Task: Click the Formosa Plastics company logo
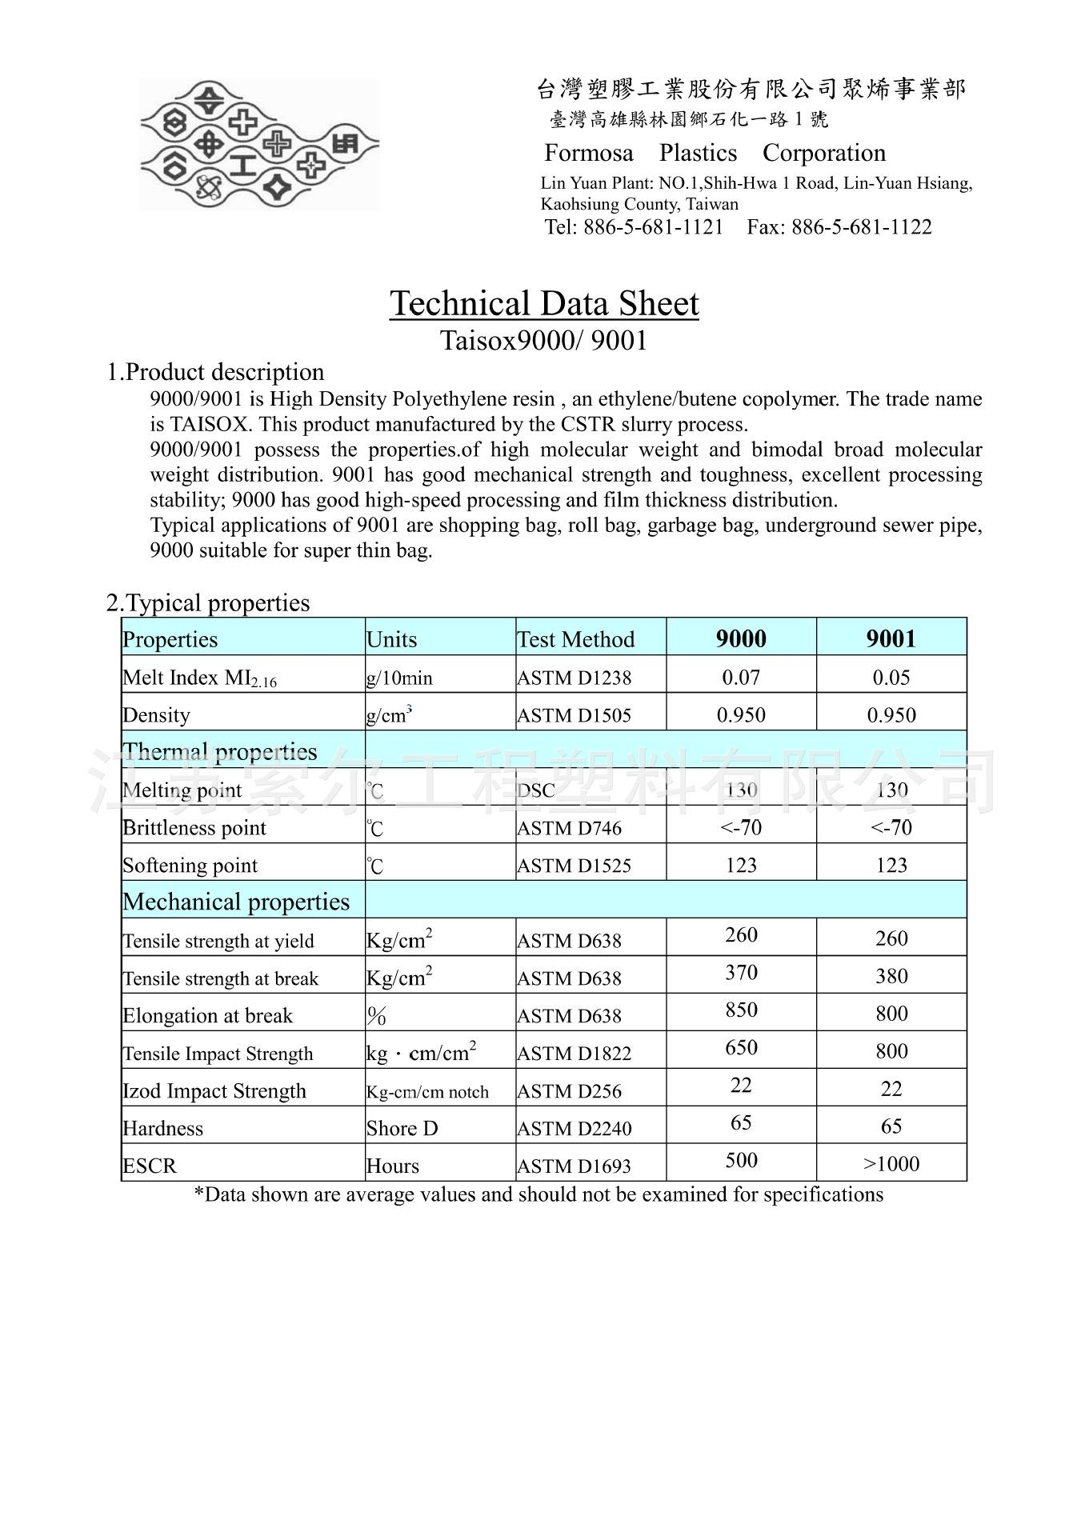point(259,145)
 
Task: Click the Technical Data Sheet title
point(544,304)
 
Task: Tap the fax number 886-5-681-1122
point(861,227)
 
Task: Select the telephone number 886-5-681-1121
point(653,227)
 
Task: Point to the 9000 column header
point(741,638)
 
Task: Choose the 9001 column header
point(891,638)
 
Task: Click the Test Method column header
point(576,639)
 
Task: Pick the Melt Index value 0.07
point(741,677)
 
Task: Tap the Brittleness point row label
point(194,828)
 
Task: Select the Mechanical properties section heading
point(236,902)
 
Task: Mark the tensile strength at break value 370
point(741,973)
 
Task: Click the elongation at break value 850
point(741,1010)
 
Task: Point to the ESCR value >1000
point(891,1164)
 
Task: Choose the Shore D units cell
point(402,1128)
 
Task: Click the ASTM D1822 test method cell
point(575,1054)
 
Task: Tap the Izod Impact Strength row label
point(214,1091)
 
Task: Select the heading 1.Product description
point(216,372)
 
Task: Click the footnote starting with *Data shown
point(539,1194)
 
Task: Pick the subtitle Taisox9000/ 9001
point(544,341)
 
